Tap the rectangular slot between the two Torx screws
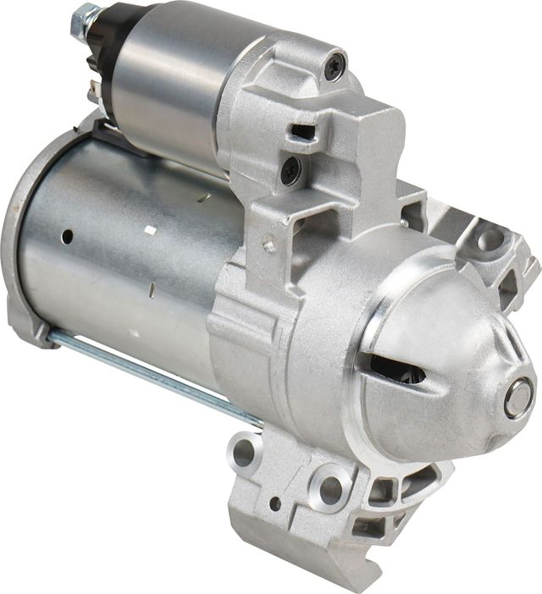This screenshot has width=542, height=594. coord(302,131)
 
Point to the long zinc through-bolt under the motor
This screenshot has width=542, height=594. coord(152,377)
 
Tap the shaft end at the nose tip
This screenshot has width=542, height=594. coord(516,399)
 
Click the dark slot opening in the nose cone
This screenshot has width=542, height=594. coord(398,368)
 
